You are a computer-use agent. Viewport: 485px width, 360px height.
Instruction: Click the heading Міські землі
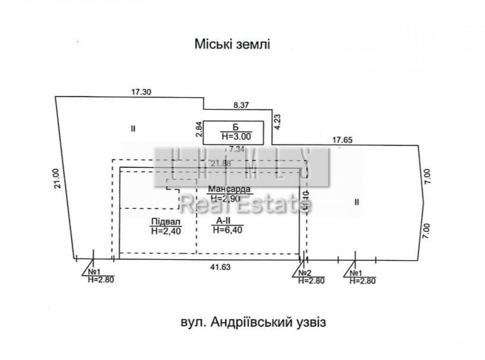[x=232, y=44]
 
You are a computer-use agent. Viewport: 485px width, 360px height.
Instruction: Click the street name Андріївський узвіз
[x=253, y=322]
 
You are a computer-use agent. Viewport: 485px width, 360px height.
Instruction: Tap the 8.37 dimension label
[x=241, y=105]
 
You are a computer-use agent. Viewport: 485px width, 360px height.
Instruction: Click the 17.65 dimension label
[x=342, y=140]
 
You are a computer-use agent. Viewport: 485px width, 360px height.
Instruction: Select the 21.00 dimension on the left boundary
[x=58, y=178]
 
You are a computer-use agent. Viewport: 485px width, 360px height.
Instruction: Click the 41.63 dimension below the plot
[x=220, y=267]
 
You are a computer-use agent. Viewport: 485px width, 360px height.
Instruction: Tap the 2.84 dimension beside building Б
[x=199, y=129]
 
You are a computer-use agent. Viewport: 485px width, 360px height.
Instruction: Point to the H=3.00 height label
[x=236, y=136]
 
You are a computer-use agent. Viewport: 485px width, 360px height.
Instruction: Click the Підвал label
[x=166, y=222]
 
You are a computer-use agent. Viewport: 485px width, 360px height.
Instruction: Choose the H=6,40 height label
[x=228, y=229]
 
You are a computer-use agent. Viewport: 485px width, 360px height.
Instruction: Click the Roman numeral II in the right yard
[x=357, y=202]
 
